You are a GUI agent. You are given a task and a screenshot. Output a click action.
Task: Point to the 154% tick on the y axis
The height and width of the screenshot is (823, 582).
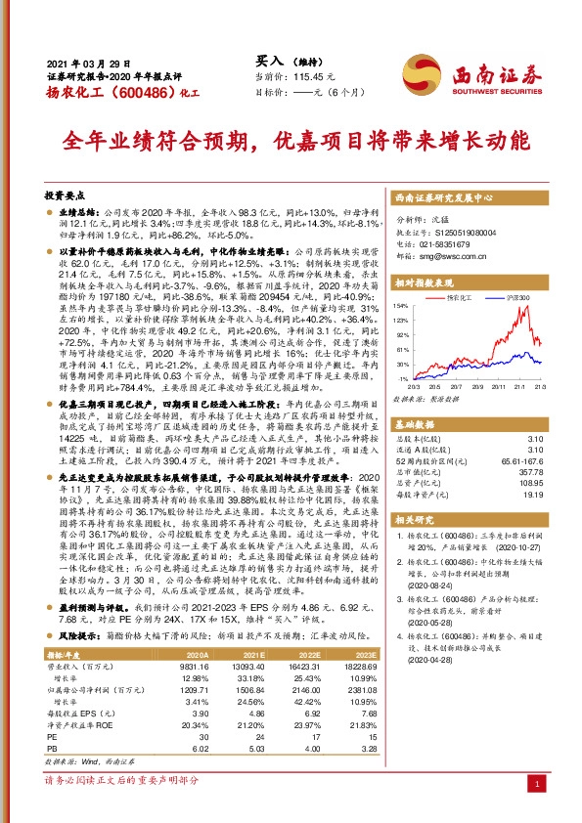point(400,306)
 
